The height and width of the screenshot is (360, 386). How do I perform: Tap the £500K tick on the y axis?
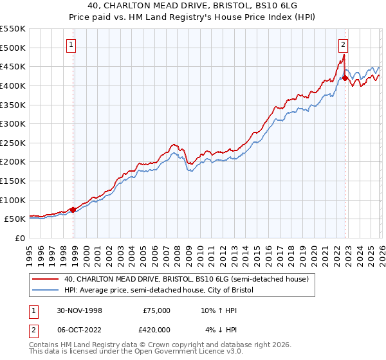[13, 48]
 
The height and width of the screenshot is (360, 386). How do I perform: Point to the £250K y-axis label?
[13, 143]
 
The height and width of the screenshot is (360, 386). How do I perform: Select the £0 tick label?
[20, 238]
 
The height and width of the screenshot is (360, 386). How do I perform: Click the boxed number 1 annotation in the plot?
[71, 45]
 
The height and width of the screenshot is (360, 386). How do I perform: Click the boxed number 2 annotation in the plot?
[344, 45]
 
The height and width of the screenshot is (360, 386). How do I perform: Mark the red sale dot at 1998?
[73, 209]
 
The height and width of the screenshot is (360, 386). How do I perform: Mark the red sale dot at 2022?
[345, 78]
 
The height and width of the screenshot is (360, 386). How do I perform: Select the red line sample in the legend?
[46, 280]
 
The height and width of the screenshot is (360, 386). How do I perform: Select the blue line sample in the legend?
[46, 291]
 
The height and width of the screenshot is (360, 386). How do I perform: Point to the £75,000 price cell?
[156, 310]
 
